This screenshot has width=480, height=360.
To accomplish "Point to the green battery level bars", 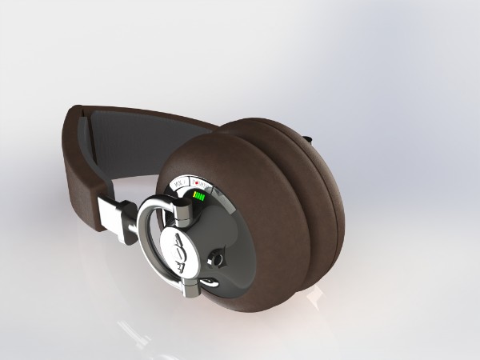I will point(199,198).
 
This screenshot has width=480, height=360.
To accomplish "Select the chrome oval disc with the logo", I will point(178,250).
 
